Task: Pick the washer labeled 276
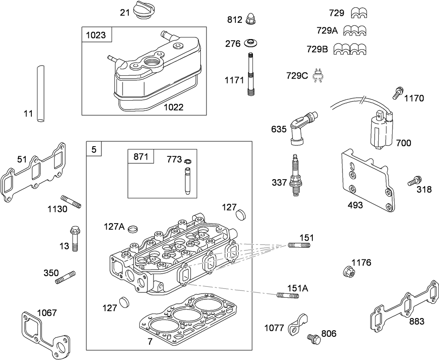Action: [x=250, y=43]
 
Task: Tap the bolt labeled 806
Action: [x=313, y=337]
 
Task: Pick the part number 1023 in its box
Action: [x=95, y=35]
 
